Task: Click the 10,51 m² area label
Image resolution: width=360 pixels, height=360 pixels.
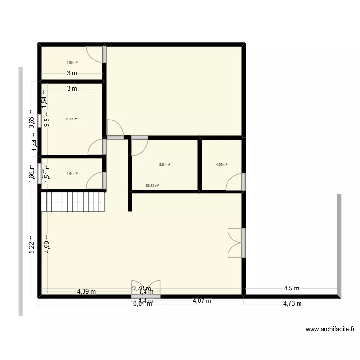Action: point(72,119)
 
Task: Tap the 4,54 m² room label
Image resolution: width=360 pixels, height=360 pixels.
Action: point(72,174)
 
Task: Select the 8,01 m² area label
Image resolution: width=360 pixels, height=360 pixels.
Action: point(165,165)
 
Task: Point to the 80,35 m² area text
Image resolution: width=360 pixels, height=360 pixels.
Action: point(152,185)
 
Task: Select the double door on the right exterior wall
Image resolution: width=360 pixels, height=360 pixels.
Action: point(236,243)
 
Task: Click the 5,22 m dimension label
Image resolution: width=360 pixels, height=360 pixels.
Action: point(32,244)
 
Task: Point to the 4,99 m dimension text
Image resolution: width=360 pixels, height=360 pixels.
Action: point(47,243)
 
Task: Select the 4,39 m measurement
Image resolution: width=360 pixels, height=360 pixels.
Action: point(86,291)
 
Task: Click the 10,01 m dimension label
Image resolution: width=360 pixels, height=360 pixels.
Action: point(141,303)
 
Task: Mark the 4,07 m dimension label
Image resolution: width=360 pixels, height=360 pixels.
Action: point(202,301)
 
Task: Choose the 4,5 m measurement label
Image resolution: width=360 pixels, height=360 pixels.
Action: point(291,288)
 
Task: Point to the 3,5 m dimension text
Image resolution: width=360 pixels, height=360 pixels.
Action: point(47,119)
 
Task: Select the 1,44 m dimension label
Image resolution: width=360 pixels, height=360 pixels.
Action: point(35,143)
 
